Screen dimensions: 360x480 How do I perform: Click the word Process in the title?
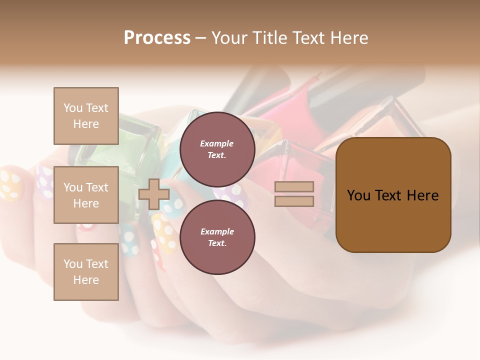[157, 38]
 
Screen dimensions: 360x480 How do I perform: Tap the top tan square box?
[86, 116]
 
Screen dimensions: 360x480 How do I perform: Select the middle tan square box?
[86, 195]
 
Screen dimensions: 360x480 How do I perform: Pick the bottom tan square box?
[86, 272]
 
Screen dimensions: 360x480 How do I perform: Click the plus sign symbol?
[153, 194]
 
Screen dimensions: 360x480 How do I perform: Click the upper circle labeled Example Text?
[217, 149]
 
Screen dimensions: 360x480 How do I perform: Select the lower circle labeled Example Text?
[217, 237]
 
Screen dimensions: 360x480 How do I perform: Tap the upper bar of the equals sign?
[294, 187]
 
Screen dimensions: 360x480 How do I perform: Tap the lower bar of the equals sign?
[294, 201]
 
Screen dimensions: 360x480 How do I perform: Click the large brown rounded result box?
[393, 195]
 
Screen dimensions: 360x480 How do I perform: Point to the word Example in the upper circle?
[217, 143]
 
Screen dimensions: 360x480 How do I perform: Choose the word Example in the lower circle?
[217, 231]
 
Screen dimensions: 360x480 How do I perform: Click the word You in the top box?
[73, 108]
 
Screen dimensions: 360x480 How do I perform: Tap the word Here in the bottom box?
[86, 280]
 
